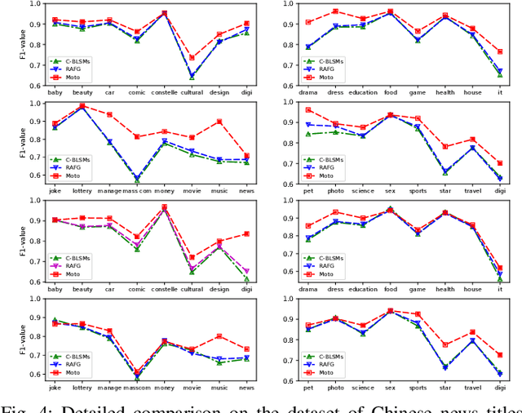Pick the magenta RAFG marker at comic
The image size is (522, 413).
coord(137,243)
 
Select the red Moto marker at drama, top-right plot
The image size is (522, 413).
coord(307,23)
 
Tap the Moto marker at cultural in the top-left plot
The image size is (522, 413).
coord(192,58)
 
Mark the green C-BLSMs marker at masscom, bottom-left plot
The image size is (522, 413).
coord(137,378)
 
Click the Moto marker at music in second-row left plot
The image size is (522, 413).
coord(219,122)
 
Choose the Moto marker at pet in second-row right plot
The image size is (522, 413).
coord(307,109)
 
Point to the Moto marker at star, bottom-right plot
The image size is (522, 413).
coord(445,344)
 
